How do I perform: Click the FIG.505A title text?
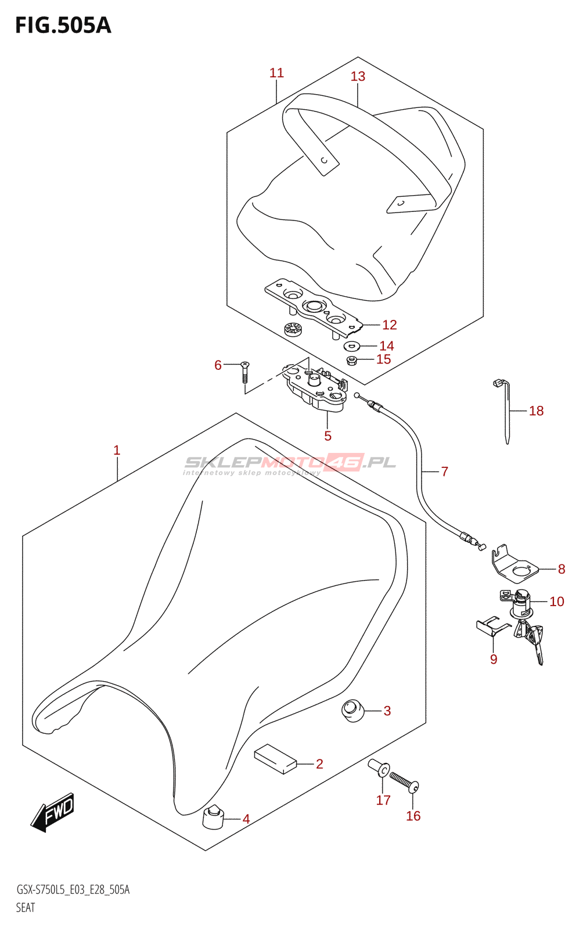(x=63, y=26)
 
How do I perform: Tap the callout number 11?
(x=276, y=73)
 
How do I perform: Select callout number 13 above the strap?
(x=358, y=77)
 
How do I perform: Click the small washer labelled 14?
(x=351, y=347)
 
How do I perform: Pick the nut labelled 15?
(x=351, y=361)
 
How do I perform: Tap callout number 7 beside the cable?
(x=444, y=471)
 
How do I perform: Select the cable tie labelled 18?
(x=507, y=409)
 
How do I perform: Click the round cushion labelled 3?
(x=352, y=711)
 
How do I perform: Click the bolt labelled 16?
(x=404, y=782)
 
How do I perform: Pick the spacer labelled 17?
(x=379, y=769)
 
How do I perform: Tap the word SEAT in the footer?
(x=26, y=908)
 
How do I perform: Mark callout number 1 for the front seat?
(x=117, y=450)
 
